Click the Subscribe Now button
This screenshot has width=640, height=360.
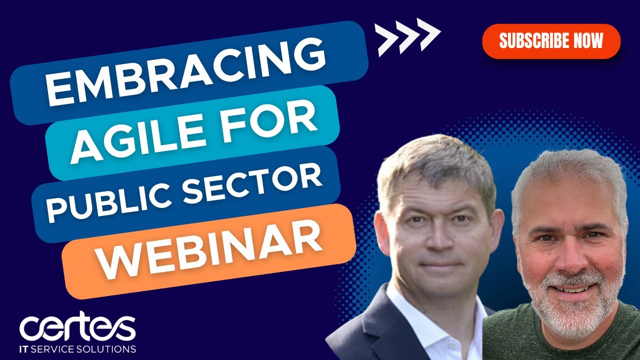tap(551, 41)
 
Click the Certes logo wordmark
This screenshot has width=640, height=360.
tap(77, 327)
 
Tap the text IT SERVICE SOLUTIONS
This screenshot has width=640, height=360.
tap(77, 348)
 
